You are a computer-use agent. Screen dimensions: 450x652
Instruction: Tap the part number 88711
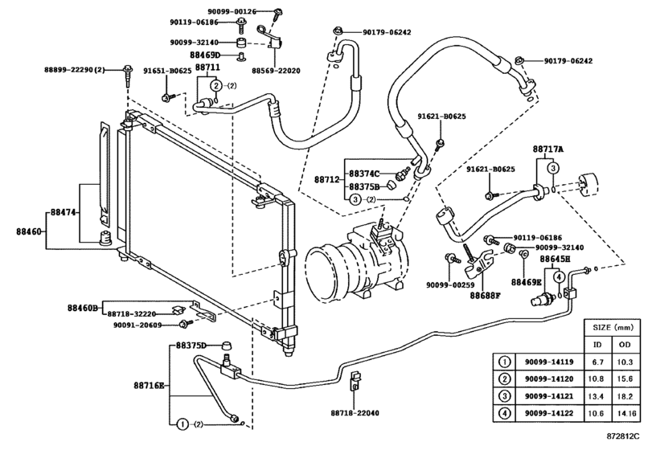(x=207, y=68)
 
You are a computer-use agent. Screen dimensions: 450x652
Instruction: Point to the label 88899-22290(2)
(x=75, y=71)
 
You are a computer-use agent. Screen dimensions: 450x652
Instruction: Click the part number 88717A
(x=548, y=149)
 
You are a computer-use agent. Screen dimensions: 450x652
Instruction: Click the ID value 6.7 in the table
(x=597, y=362)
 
